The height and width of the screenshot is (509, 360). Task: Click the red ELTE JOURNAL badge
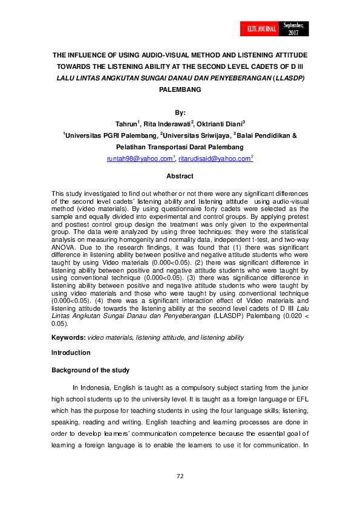pyautogui.click(x=261, y=28)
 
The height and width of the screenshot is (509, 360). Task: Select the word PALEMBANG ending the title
pyautogui.click(x=180, y=89)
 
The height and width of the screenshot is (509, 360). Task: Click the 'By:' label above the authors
pyautogui.click(x=180, y=113)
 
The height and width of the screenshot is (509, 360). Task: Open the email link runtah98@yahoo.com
pyautogui.click(x=139, y=158)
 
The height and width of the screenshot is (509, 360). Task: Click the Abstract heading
pyautogui.click(x=180, y=177)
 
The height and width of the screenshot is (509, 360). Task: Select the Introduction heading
pyautogui.click(x=71, y=352)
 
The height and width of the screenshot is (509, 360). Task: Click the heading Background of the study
pyautogui.click(x=90, y=370)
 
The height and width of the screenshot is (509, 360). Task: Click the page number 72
pyautogui.click(x=180, y=476)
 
